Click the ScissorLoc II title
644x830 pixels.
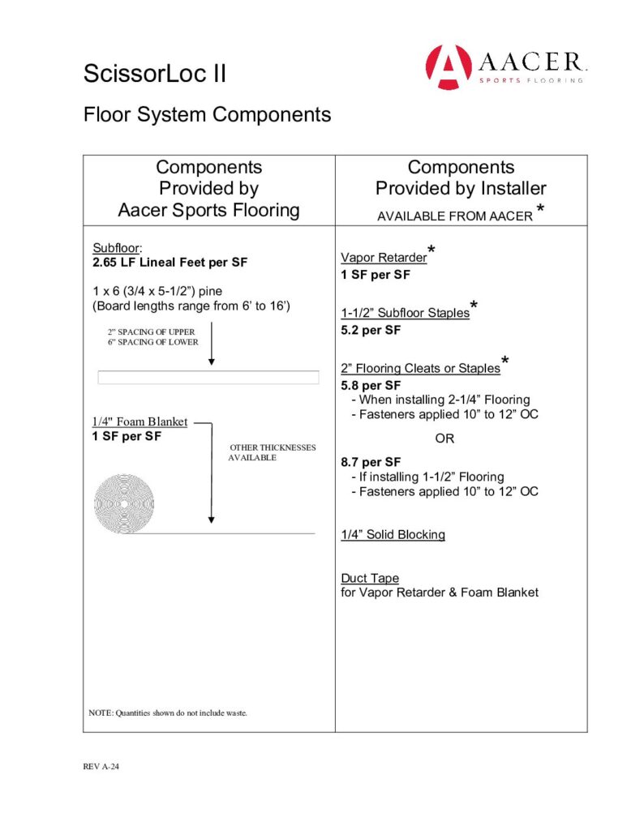pyautogui.click(x=155, y=75)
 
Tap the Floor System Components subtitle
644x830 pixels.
pyautogui.click(x=207, y=114)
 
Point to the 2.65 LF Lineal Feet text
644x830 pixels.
pyautogui.click(x=170, y=263)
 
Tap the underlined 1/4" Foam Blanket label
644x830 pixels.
pyautogui.click(x=140, y=421)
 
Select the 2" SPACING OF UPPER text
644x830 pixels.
pyautogui.click(x=151, y=332)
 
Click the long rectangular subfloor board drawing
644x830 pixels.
pyautogui.click(x=208, y=378)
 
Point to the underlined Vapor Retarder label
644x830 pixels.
pyautogui.click(x=383, y=258)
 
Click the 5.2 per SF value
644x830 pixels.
pyautogui.click(x=371, y=330)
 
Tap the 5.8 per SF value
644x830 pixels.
pyautogui.click(x=371, y=384)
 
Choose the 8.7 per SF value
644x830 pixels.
pyautogui.click(x=371, y=462)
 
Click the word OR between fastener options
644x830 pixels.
pyautogui.click(x=445, y=439)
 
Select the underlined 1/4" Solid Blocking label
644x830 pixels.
pyautogui.click(x=393, y=534)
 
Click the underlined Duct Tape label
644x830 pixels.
pyautogui.click(x=370, y=578)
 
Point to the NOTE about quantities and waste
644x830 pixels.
pyautogui.click(x=167, y=713)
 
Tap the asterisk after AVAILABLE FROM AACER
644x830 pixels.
pyautogui.click(x=540, y=212)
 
